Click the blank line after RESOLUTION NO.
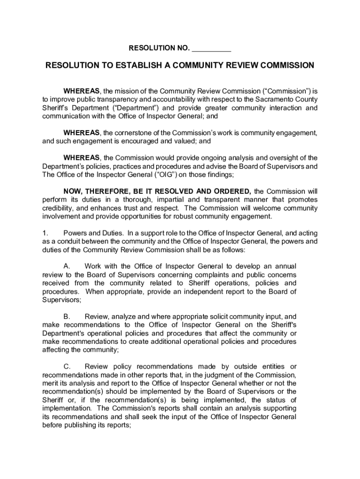click(211, 48)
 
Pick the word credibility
click(57, 208)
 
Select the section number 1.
click(45, 232)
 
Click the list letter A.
click(67, 266)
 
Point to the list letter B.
click(67, 317)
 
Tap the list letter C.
click(67, 366)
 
